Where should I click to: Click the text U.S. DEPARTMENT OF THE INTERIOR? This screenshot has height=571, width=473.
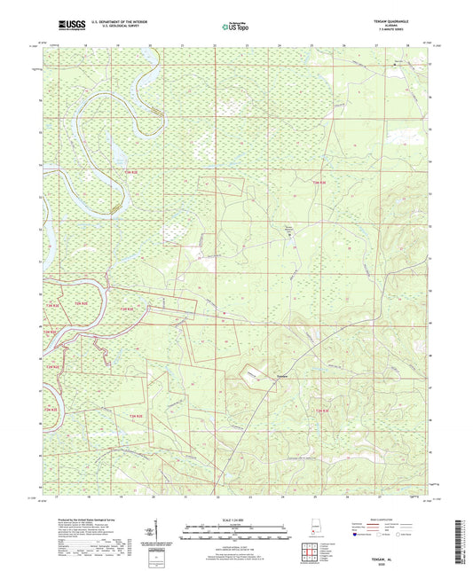[x=114, y=21]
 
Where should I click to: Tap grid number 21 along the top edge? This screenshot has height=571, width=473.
[x=183, y=43]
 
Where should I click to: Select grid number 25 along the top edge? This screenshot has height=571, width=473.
[x=312, y=43]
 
